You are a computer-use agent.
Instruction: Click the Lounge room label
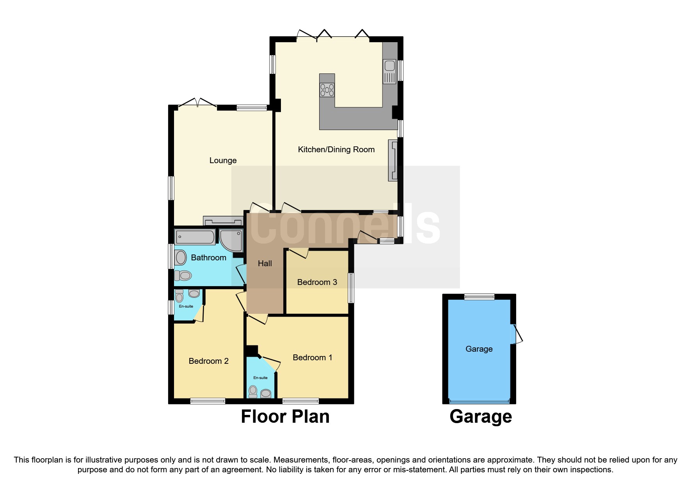223,160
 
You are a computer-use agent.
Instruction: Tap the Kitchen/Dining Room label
336,149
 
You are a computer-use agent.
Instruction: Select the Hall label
265,263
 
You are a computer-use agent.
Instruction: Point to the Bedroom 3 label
317,282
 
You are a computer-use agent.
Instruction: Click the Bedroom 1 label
312,358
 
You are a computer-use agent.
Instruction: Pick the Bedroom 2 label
208,361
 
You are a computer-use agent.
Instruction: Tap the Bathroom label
208,258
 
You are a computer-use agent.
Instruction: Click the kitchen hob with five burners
327,90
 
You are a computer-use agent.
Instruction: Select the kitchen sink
389,71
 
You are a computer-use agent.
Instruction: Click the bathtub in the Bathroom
195,237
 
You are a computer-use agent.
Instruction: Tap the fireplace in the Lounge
223,221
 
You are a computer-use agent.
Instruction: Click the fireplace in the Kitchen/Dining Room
393,160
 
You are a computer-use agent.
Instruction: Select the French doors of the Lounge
197,104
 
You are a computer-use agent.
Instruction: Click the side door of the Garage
515,334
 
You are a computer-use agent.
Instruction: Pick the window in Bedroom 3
351,288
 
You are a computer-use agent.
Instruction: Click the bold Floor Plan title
285,416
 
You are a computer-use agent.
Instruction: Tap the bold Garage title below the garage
480,416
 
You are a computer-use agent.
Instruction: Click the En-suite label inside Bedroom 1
260,378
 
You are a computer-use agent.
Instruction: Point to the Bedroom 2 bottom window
208,401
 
